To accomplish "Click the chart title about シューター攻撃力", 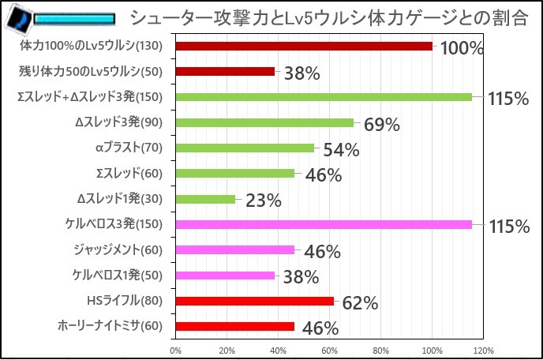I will [328, 17].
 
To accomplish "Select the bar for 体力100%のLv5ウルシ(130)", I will [304, 46].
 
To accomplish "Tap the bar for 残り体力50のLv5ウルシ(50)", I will [225, 71].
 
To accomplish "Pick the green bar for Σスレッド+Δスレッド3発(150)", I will [324, 97].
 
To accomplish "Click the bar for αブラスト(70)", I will [245, 148].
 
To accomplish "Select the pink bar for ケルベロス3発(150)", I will [324, 224].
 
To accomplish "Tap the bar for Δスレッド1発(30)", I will [205, 199].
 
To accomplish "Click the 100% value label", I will [461, 49].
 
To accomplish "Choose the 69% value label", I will [382, 125].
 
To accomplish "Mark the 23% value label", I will [264, 201].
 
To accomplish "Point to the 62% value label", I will [361, 303].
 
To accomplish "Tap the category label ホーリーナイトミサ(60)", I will [110, 325].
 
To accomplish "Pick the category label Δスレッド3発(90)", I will [119, 122].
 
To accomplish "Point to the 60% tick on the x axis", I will [329, 350].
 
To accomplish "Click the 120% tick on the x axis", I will [483, 350].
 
